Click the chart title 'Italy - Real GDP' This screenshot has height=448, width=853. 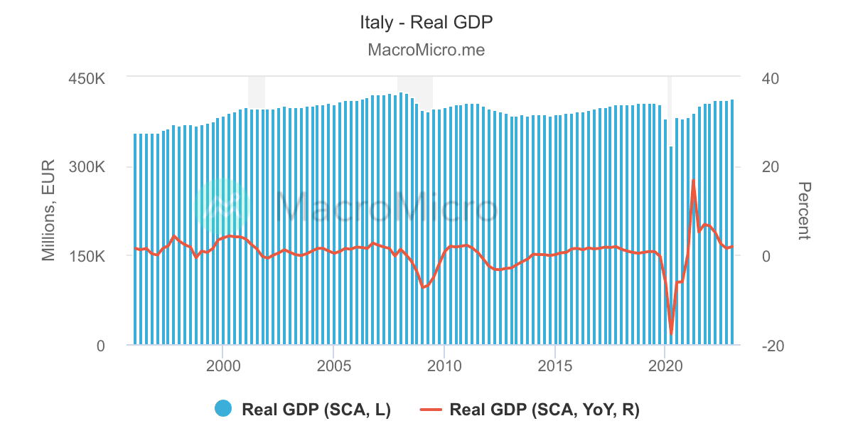pos(426,22)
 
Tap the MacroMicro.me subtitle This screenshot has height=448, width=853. pos(426,50)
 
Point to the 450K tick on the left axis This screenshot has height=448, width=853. pos(87,78)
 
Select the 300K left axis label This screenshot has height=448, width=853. pos(87,167)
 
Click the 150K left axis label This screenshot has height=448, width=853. pos(87,256)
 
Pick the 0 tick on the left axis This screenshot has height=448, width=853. pos(100,346)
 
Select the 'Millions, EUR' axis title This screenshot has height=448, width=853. pos(49,211)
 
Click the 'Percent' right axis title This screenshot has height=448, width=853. pos(803,211)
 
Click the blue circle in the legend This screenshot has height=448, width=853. pos(223,409)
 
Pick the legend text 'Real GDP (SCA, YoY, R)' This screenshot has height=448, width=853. pos(544,409)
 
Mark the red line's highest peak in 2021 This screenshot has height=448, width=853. pos(693,180)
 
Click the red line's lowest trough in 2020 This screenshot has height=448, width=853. pos(671,334)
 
